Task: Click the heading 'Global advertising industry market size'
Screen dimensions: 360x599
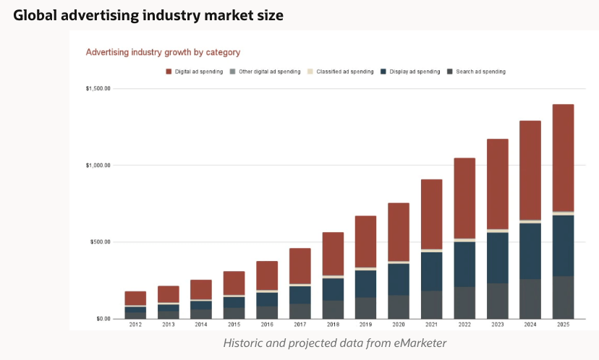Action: pos(148,14)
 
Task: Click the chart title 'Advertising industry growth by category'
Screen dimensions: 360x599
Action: pos(163,52)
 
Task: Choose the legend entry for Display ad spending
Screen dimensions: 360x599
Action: pos(410,72)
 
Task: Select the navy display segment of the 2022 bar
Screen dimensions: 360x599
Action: pos(464,264)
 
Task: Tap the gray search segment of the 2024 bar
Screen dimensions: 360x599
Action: pos(530,299)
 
